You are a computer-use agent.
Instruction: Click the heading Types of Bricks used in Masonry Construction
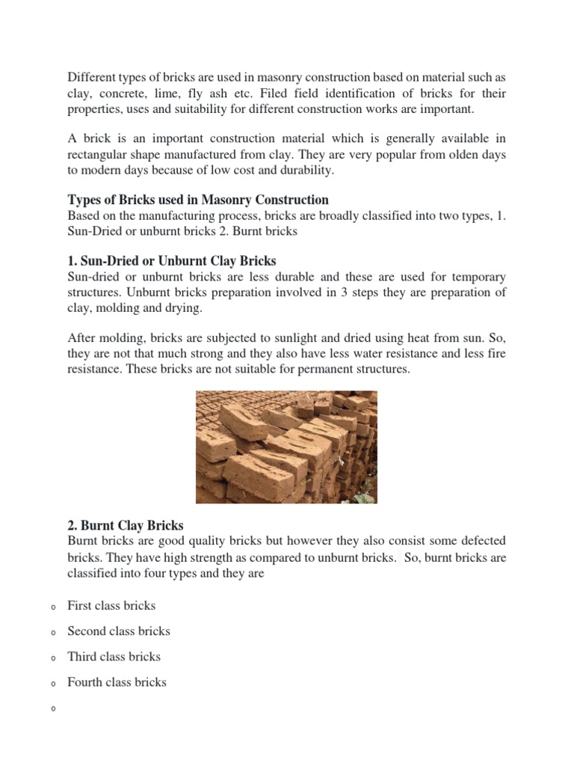[198, 200]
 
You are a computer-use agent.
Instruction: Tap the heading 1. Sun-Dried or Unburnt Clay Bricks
[172, 261]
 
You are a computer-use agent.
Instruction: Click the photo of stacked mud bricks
[286, 447]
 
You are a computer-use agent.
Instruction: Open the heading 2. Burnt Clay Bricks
[126, 525]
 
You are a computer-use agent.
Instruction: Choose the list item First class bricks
[111, 605]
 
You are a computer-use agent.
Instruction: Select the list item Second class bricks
[119, 631]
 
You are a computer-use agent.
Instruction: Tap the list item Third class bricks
[114, 656]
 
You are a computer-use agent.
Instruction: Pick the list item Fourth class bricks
[117, 681]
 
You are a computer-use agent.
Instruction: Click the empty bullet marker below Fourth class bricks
[55, 708]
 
